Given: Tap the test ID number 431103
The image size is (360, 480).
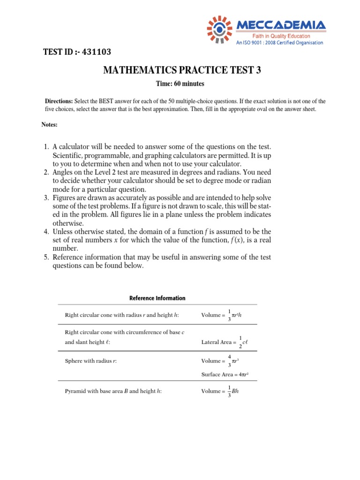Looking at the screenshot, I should click(96, 52).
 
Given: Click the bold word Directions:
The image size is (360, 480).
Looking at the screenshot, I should click(59, 101).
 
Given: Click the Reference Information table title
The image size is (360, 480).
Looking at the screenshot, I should click(157, 298).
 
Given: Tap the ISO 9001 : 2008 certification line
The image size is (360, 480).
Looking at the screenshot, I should click(279, 43).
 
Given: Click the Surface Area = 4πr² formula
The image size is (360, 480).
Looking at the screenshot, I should click(228, 374).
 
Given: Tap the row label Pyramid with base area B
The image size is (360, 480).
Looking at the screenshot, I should click(113, 391).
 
